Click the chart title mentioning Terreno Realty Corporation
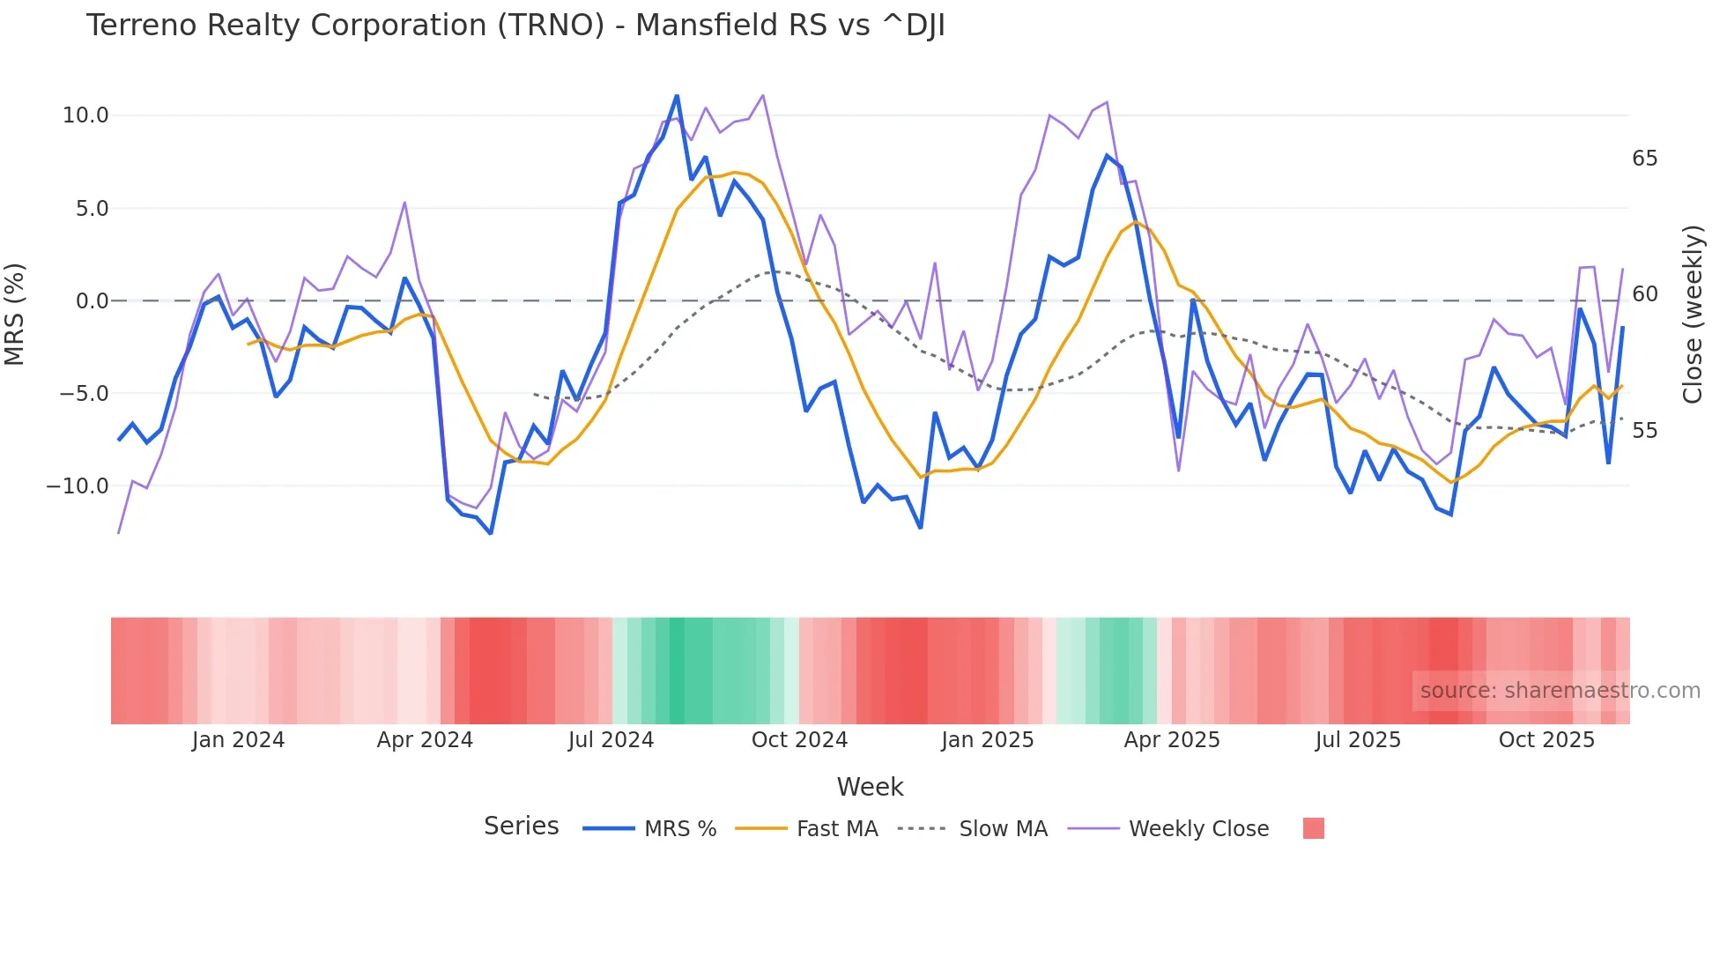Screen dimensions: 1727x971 pos(515,26)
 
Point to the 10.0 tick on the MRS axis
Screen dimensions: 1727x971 pos(85,115)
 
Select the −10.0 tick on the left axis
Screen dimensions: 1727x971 pos(78,486)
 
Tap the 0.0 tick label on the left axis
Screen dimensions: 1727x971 pos(92,301)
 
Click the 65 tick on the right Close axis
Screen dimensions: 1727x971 pos(1644,159)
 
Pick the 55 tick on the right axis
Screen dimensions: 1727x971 pos(1644,431)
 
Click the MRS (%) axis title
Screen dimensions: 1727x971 pos(15,314)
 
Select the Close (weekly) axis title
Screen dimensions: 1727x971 pos(1692,315)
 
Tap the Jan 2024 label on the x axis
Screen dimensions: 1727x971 pos(238,740)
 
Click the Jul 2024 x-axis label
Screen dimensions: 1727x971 pos(611,740)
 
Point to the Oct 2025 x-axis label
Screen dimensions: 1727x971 pos(1546,740)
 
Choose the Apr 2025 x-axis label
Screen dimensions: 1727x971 pos(1172,740)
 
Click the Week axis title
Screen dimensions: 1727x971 pos(870,787)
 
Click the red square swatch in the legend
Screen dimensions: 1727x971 pos(1313,828)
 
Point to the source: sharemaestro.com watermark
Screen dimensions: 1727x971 pos(1560,691)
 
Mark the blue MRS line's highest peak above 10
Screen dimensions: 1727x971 pos(677,96)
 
